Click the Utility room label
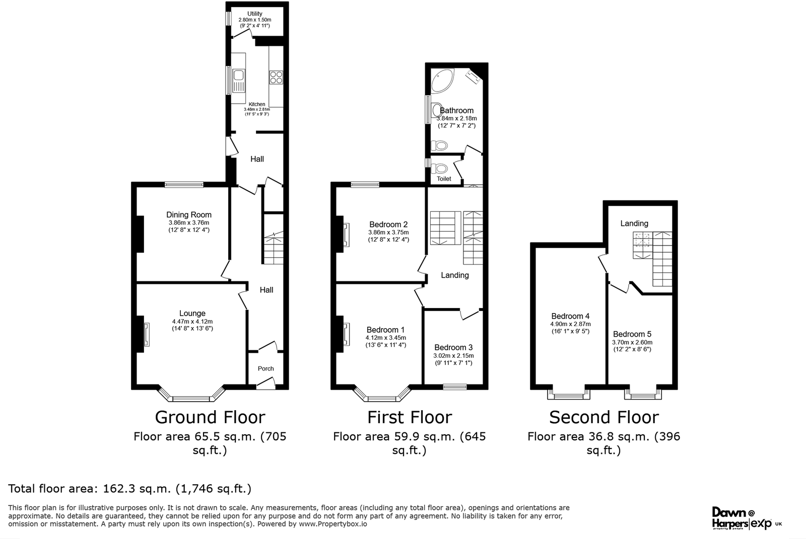tap(254, 14)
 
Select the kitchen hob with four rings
tap(276, 77)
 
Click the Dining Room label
tap(189, 215)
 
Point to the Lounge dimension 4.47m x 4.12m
tap(192, 322)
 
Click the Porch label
tap(265, 368)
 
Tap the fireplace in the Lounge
tap(146, 335)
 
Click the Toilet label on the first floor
tap(444, 179)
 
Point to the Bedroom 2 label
tap(388, 224)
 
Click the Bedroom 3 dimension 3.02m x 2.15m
tap(453, 356)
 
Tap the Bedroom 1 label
tap(385, 330)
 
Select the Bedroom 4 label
tap(570, 317)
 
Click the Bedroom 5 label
tap(632, 334)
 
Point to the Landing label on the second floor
tap(634, 223)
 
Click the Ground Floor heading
tap(210, 417)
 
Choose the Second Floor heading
tap(603, 417)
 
